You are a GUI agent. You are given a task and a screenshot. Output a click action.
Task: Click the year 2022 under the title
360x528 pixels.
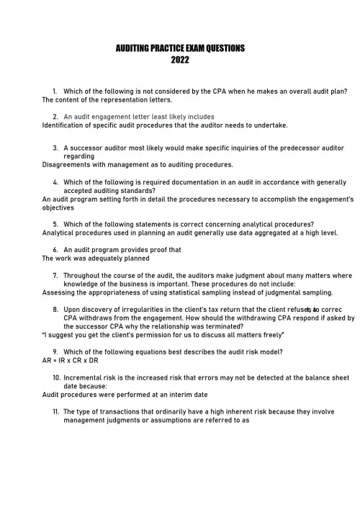[x=180, y=61]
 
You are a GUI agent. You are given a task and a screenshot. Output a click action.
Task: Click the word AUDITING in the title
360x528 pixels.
[x=132, y=49]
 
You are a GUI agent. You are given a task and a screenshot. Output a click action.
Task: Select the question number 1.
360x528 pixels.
[x=55, y=91]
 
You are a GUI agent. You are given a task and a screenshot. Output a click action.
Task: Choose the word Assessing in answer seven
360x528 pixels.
[x=60, y=292]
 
